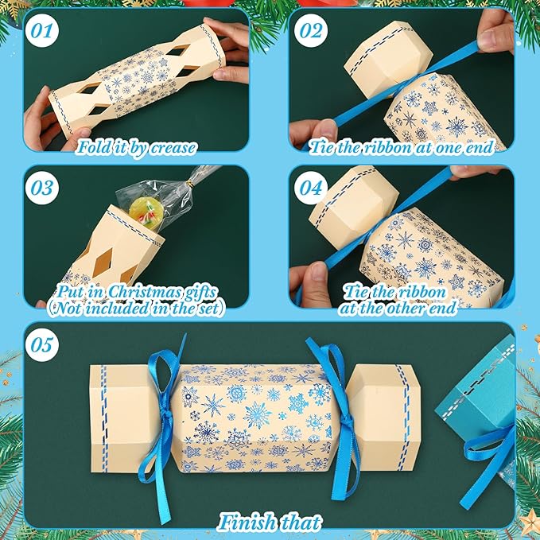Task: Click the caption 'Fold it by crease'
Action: (137, 146)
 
